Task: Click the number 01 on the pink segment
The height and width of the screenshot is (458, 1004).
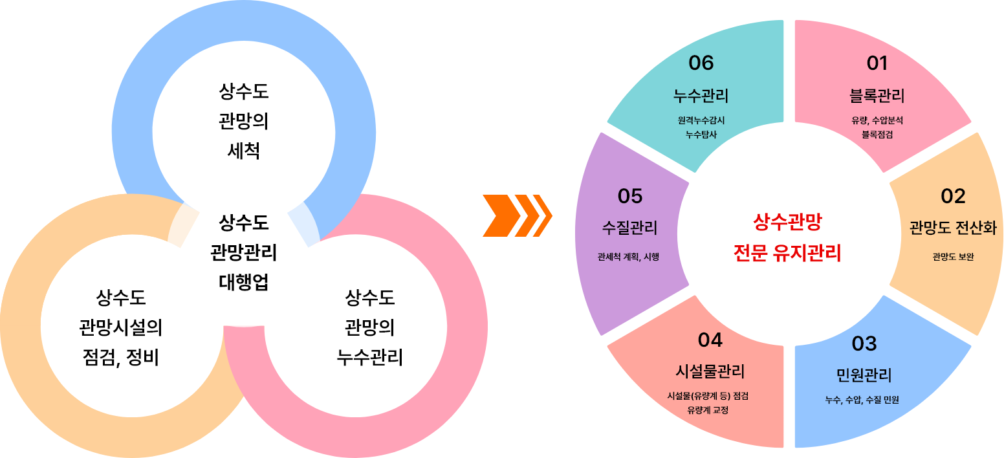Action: [877, 63]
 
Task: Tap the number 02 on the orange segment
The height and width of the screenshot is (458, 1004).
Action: [953, 196]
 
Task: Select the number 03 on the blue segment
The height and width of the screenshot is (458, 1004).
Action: [864, 343]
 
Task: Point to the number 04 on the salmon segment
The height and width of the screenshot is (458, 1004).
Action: [710, 340]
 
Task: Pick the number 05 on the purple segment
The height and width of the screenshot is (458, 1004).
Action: [630, 195]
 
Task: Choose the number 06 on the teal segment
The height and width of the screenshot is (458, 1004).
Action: [701, 63]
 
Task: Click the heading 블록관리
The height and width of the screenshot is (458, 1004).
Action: [877, 96]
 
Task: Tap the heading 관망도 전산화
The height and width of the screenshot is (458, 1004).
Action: [952, 228]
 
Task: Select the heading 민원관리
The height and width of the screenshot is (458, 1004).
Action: [864, 375]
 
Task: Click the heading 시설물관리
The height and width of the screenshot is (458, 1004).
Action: [710, 371]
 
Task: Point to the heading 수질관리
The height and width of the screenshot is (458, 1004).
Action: [629, 228]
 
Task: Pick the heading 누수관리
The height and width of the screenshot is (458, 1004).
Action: [701, 96]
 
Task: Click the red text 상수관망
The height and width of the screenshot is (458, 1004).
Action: [787, 223]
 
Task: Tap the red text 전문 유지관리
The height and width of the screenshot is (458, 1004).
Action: [787, 253]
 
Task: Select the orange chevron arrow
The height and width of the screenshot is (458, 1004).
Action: [518, 215]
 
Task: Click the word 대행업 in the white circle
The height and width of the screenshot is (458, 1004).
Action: [243, 283]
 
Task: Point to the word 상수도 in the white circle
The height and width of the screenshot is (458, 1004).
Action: [243, 224]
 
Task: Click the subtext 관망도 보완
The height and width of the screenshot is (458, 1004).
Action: [953, 257]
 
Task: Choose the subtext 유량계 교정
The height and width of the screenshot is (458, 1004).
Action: [710, 410]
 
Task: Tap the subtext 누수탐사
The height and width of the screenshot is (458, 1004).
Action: [701, 135]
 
